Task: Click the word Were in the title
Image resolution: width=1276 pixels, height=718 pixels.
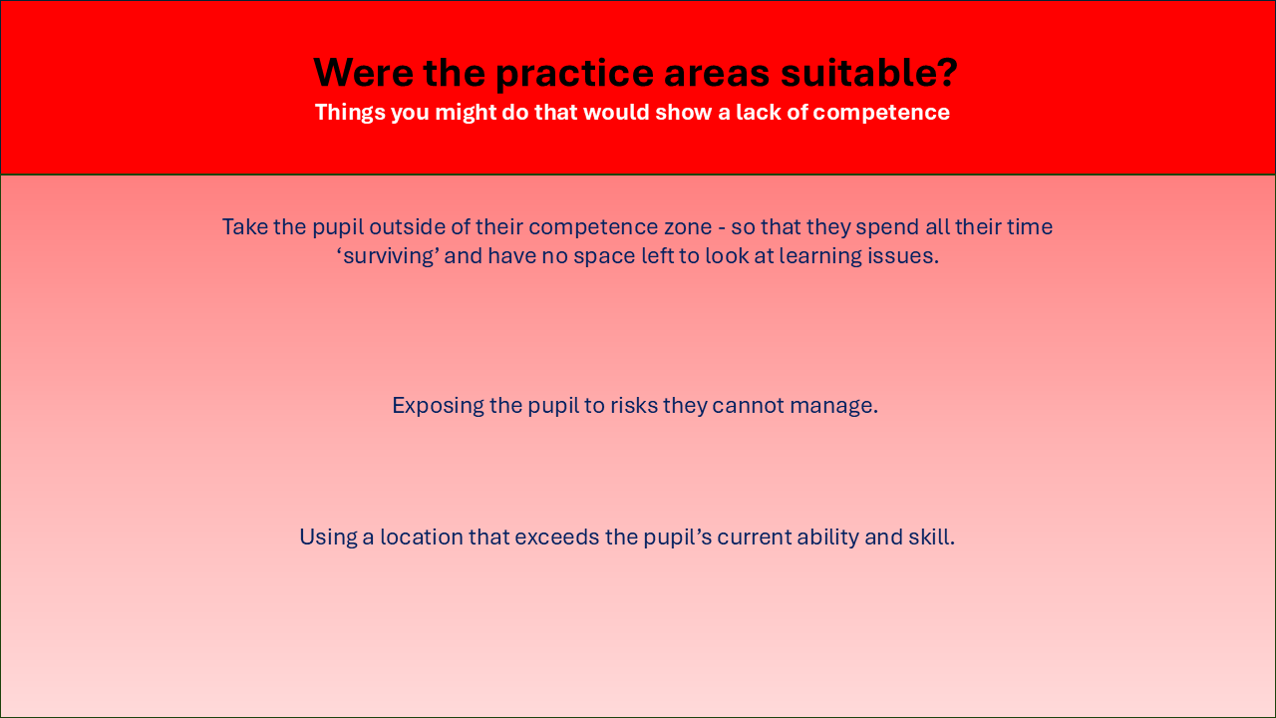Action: pos(364,73)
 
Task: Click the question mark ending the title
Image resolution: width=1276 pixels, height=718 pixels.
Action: pos(946,73)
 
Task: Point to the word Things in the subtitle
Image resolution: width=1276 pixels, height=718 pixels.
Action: pos(350,113)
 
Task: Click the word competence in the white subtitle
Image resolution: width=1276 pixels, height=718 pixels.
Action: pos(881,114)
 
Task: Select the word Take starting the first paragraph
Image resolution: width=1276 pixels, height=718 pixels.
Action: pos(244,226)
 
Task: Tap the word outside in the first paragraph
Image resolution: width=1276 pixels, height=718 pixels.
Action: pos(407,226)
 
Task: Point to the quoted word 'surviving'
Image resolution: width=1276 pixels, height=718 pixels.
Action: pos(388,256)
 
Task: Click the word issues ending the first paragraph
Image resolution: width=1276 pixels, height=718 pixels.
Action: pos(903,256)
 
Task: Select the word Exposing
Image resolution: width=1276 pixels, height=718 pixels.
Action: pos(438,406)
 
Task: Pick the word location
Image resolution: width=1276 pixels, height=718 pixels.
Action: pos(422,537)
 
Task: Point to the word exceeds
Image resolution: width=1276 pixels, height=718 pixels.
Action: pos(556,537)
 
